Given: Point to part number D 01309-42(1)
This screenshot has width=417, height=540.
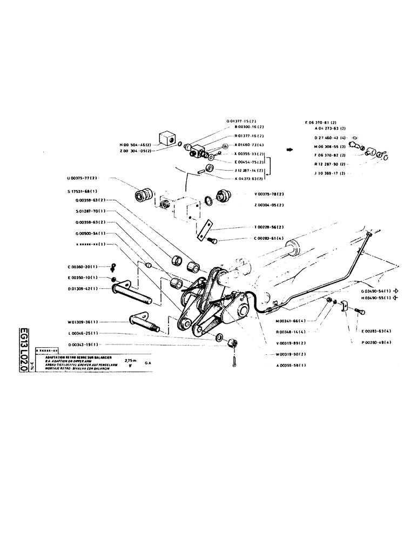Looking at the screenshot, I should (83, 288).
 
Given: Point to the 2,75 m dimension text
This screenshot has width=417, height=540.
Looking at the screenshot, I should (131, 360).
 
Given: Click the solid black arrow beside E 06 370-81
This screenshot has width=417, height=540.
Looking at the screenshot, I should (290, 150).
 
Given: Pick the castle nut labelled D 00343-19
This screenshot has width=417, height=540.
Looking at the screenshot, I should (234, 342).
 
